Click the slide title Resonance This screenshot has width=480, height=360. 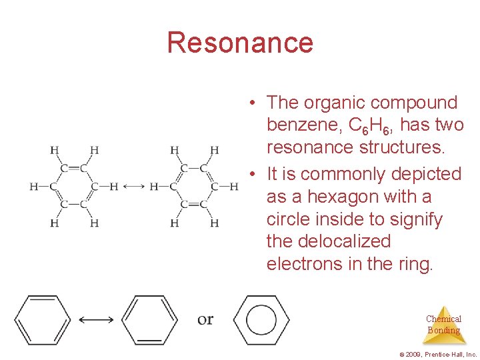click(240, 43)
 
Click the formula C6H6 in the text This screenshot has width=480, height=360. click(369, 125)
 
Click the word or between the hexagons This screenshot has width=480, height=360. click(205, 319)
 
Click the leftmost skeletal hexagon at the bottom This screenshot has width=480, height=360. click(42, 320)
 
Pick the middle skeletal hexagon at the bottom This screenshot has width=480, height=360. click(151, 320)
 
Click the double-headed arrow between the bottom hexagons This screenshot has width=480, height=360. click(96, 320)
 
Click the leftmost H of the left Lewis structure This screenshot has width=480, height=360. click(33, 187)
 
